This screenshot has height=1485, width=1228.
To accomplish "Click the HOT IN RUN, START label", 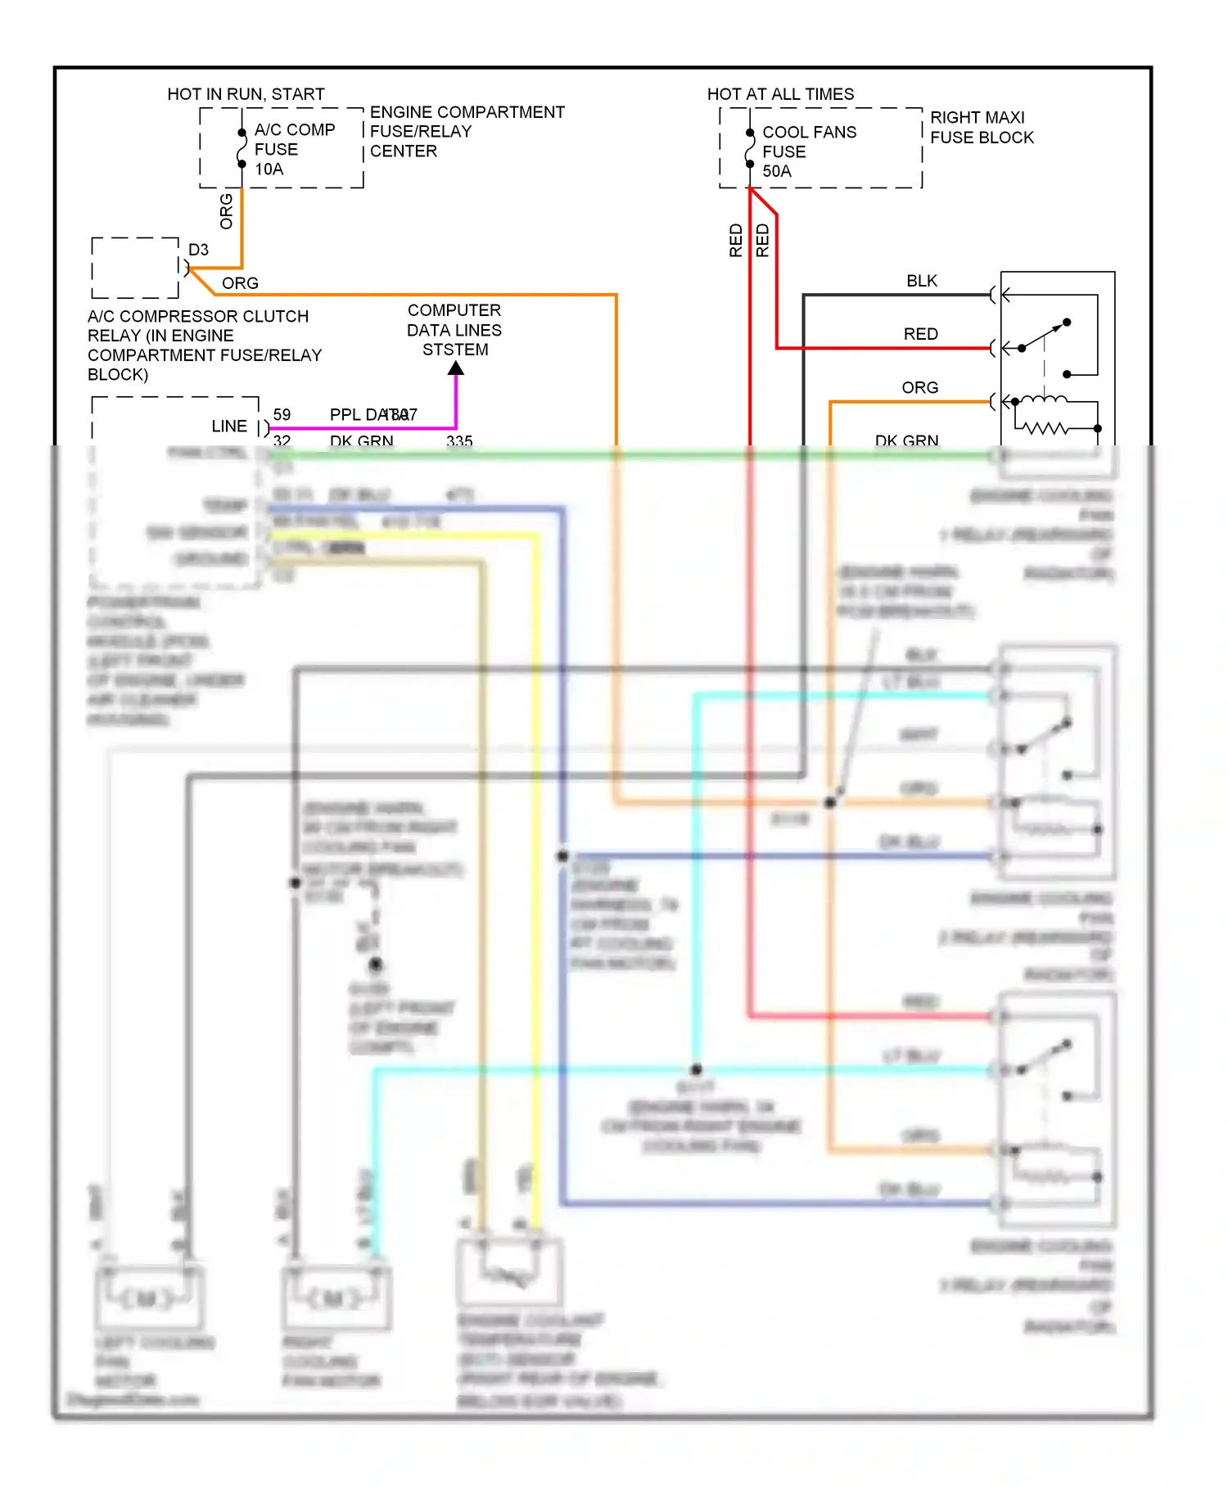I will (x=246, y=94).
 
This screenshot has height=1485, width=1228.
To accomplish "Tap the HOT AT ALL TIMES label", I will (x=780, y=94).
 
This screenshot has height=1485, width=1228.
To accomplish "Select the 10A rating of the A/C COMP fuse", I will (x=269, y=169).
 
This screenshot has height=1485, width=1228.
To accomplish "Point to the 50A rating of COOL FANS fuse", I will (x=776, y=171).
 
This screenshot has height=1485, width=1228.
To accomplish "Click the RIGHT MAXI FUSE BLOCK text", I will (x=981, y=128).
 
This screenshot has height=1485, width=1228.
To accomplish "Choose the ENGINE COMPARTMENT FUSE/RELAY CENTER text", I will (x=467, y=131).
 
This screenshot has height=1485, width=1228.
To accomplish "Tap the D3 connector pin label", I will (x=198, y=250).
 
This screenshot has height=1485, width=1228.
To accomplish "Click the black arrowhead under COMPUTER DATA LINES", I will (x=456, y=368).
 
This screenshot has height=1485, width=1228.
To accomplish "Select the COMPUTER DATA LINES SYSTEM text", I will (x=454, y=330).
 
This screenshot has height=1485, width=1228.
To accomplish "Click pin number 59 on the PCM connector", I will (x=282, y=414).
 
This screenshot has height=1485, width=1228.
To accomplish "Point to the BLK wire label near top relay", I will (x=921, y=281).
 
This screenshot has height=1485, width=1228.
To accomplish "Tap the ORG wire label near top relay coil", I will (x=919, y=387).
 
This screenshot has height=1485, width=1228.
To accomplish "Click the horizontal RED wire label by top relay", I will (x=920, y=334).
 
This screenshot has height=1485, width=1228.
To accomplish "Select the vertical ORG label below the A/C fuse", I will (x=227, y=211).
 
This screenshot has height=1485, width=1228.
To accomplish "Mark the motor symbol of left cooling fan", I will (x=147, y=1298).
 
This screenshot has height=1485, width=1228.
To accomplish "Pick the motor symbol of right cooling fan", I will (x=334, y=1298).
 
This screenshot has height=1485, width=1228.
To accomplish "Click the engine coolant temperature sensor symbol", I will (x=509, y=1274).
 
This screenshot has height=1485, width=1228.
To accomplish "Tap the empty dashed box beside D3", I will (x=135, y=268).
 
